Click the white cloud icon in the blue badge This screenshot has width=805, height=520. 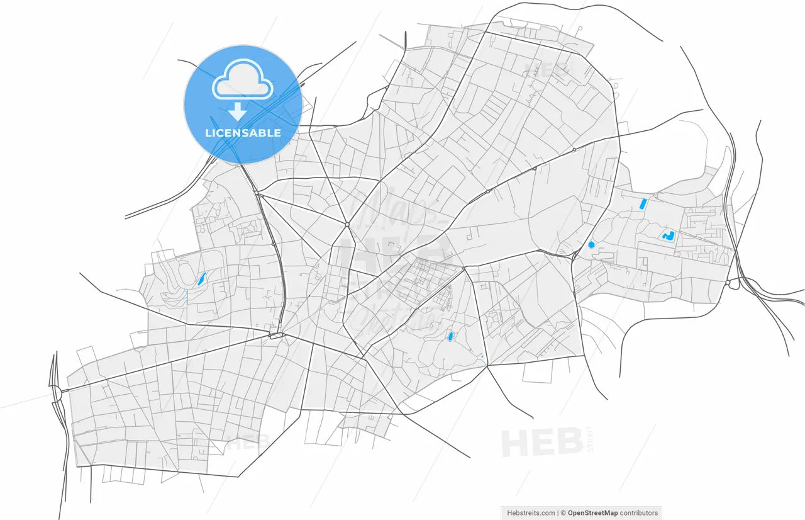[x=242, y=81]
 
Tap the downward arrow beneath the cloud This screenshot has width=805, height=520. [x=237, y=112]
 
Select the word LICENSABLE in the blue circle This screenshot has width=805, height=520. [x=243, y=133]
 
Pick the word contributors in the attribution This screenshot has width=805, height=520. [x=638, y=513]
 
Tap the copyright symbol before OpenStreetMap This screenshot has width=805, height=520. [x=563, y=513]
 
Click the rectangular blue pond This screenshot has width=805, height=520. [x=642, y=204]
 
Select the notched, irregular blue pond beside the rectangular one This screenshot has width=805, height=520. [x=668, y=236]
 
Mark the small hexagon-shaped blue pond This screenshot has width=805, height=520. [x=591, y=244]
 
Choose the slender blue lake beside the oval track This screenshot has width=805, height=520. [x=201, y=278]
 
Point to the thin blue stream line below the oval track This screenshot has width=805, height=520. [x=186, y=297]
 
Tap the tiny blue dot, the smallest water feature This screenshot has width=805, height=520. [x=482, y=357]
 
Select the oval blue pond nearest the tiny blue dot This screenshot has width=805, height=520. [x=450, y=337]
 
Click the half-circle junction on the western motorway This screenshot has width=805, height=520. [x=58, y=395]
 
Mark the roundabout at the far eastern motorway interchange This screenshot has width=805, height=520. [x=728, y=283]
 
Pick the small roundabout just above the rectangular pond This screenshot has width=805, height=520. [x=655, y=195]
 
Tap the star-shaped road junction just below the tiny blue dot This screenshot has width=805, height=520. [x=487, y=366]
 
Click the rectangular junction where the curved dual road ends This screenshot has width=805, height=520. [x=276, y=336]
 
